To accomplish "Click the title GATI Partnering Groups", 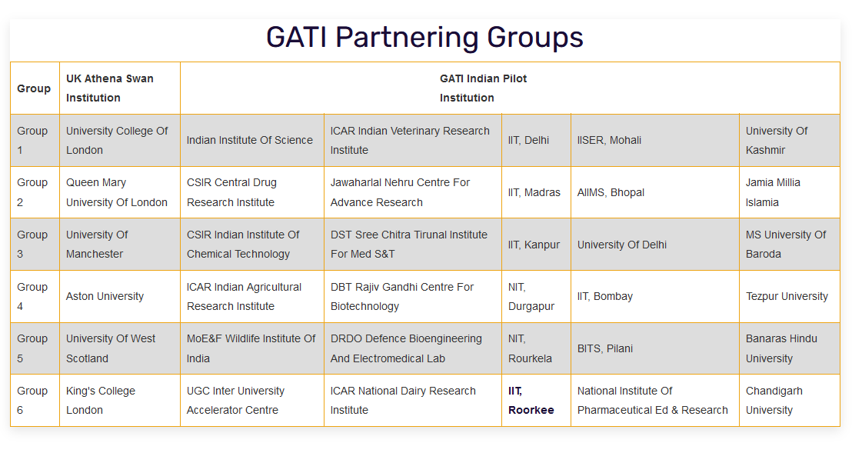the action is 424,38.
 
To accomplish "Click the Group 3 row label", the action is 32,245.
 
